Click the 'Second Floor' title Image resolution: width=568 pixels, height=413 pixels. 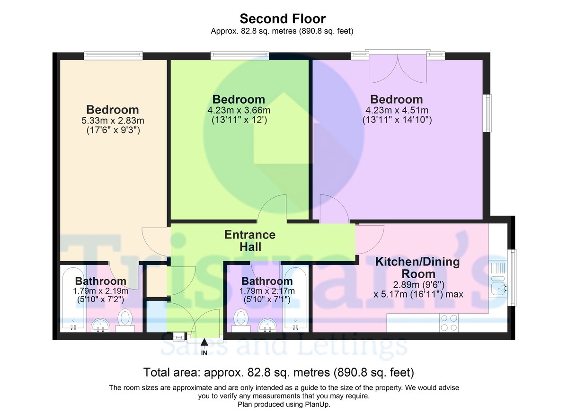coord(283,19)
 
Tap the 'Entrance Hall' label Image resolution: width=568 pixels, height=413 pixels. coord(249,240)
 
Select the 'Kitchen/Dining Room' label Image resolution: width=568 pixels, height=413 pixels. coord(417,268)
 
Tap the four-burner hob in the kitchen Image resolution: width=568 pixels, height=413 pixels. coord(449,323)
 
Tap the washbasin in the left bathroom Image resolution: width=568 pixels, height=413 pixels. coord(100,325)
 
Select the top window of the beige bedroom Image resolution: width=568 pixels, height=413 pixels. coord(113,56)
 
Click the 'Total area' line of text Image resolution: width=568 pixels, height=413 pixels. coord(278,372)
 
